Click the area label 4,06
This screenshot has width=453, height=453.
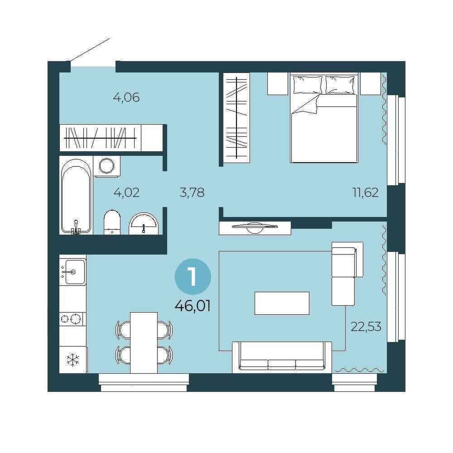(126, 98)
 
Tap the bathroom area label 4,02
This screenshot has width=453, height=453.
(126, 193)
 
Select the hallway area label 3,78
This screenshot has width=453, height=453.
(192, 193)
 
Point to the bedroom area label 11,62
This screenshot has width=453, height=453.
(366, 193)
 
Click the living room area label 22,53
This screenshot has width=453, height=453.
(366, 327)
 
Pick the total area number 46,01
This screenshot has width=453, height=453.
(193, 306)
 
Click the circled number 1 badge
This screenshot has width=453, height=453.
(193, 277)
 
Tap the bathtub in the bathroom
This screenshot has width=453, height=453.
(76, 197)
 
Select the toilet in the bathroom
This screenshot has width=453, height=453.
(112, 222)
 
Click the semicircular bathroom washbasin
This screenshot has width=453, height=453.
(144, 224)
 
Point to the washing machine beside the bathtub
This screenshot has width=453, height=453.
(107, 166)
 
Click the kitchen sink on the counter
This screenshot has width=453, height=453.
(72, 271)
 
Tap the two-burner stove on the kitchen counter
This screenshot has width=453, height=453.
(72, 319)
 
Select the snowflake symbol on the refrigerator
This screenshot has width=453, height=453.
(72, 360)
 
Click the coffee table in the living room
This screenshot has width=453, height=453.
(282, 303)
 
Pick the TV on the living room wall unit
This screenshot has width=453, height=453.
(255, 227)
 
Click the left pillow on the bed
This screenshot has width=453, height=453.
(308, 85)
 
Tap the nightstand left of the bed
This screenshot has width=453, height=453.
(278, 83)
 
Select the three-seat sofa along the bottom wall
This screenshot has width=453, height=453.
(282, 357)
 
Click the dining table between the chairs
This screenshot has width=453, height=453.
(144, 342)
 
